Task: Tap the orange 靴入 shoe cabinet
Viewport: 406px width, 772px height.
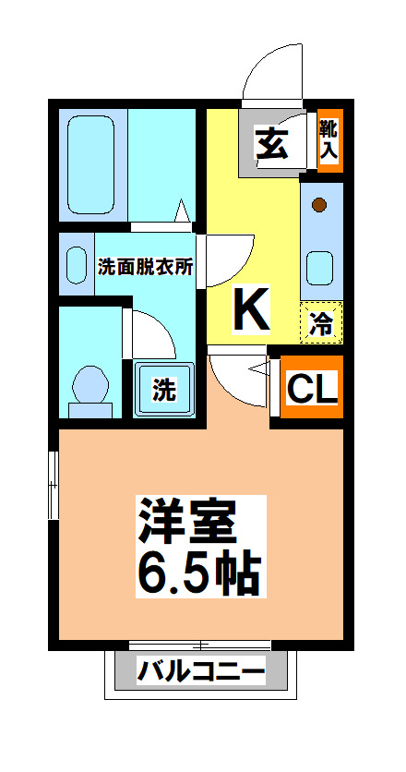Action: click(x=328, y=141)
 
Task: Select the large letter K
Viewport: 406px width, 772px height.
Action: click(x=250, y=310)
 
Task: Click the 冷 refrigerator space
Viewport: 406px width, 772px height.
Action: click(x=321, y=323)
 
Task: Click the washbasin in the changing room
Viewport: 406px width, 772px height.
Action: click(x=76, y=264)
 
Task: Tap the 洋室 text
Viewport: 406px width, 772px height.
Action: click(x=188, y=522)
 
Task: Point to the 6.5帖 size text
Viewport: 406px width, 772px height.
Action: click(x=199, y=573)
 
